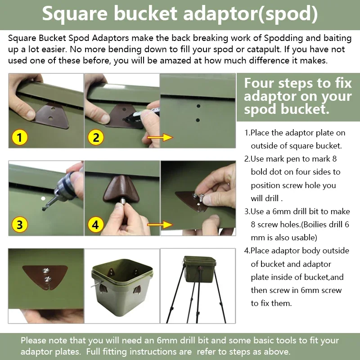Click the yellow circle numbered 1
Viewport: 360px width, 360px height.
[x=20, y=137]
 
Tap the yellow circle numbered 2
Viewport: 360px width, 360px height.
[x=96, y=137]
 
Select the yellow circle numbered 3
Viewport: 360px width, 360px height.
[x=20, y=224]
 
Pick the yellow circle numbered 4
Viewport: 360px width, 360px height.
[x=96, y=224]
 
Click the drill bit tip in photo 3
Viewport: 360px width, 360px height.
[x=44, y=208]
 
